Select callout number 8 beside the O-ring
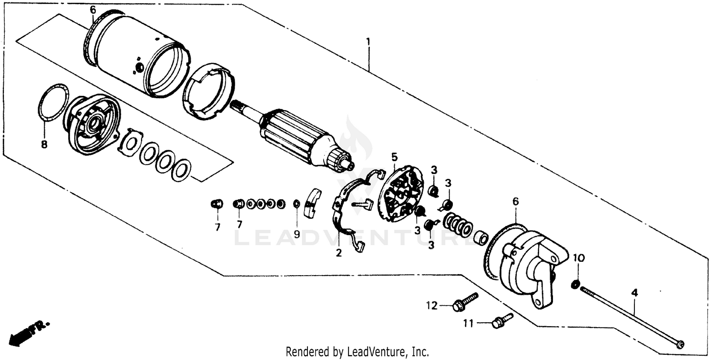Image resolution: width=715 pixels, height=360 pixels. pyautogui.click(x=44, y=144)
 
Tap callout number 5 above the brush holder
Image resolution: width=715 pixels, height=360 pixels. pyautogui.click(x=394, y=156)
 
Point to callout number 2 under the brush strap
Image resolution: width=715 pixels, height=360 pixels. pyautogui.click(x=338, y=253)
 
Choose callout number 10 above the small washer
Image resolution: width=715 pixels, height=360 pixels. pyautogui.click(x=577, y=258)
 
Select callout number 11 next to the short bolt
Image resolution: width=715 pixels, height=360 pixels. pyautogui.click(x=469, y=324)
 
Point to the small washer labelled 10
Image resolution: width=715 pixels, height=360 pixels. pyautogui.click(x=575, y=285)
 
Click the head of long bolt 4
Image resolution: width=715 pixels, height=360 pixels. pyautogui.click(x=680, y=344)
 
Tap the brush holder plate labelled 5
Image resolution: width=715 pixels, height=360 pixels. pyautogui.click(x=403, y=193)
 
